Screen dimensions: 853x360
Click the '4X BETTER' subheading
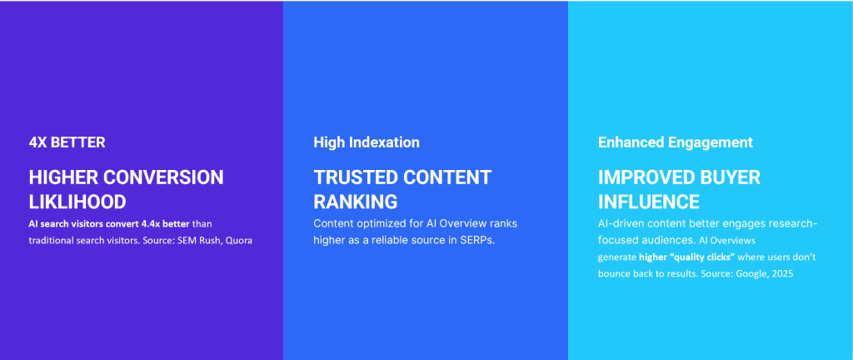click(x=67, y=142)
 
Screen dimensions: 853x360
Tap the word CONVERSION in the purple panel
click(x=163, y=177)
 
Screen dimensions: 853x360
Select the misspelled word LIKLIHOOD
click(x=77, y=202)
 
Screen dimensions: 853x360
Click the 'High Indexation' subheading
click(x=367, y=142)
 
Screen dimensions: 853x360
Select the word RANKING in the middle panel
click(x=355, y=202)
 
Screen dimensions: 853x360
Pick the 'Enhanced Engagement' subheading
click(x=675, y=142)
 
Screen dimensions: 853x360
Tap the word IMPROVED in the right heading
click(x=646, y=177)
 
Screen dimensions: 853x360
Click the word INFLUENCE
click(x=649, y=202)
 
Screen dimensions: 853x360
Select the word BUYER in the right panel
click(x=730, y=177)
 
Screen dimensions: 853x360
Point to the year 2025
click(x=783, y=274)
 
